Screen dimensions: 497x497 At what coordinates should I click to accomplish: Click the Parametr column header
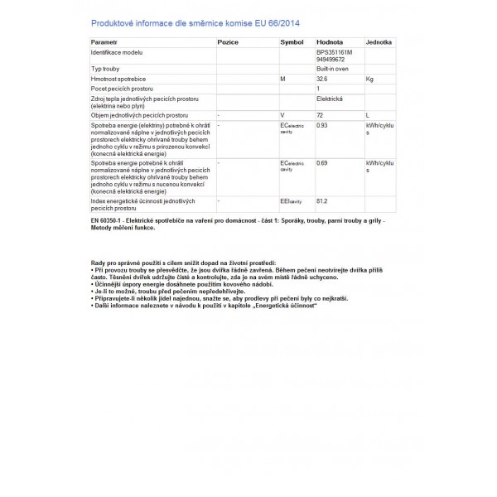[x=105, y=40]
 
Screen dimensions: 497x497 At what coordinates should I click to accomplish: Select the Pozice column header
[x=229, y=40]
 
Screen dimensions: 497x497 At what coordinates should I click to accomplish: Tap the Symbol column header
[x=292, y=40]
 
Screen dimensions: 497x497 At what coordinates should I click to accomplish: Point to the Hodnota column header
[x=331, y=40]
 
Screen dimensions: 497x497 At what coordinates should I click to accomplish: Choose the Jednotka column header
[x=379, y=40]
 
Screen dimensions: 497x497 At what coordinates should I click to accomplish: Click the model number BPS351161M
[x=335, y=51]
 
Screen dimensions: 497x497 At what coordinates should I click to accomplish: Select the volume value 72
[x=321, y=113]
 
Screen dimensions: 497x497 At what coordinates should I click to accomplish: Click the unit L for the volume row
[x=367, y=113]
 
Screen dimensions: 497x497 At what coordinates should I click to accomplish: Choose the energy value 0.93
[x=323, y=125]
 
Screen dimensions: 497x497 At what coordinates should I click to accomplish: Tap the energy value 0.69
[x=323, y=164]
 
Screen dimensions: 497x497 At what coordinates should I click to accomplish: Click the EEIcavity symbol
[x=293, y=200]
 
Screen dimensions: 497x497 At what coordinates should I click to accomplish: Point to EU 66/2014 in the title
[x=269, y=22]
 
